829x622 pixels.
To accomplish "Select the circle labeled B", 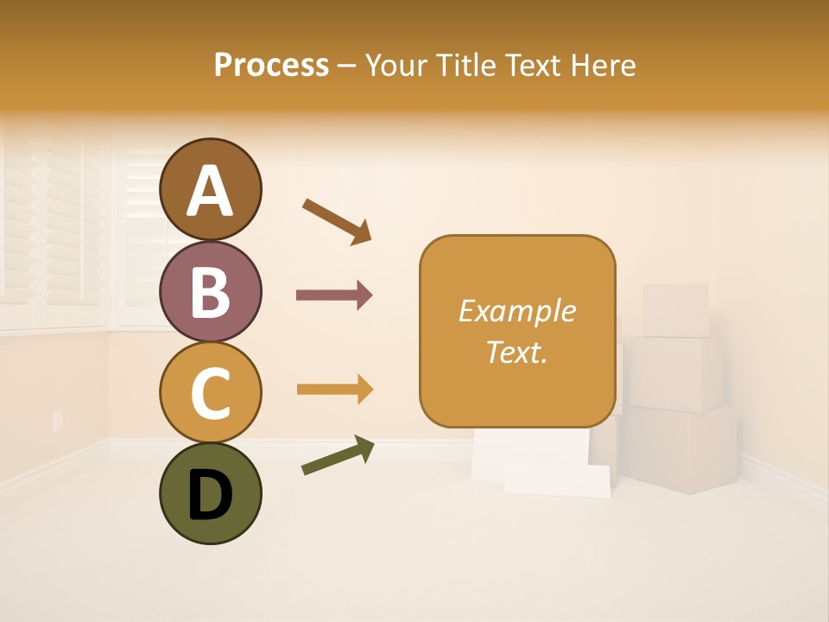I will click(210, 291).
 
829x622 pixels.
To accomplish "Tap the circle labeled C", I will click(210, 392).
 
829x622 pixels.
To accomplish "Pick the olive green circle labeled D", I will click(210, 493).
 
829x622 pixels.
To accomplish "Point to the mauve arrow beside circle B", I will click(334, 295).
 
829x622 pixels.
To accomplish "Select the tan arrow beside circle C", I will click(334, 390).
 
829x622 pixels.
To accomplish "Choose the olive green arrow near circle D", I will click(338, 455).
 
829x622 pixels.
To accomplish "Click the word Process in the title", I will click(271, 66).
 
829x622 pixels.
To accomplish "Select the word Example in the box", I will click(516, 311).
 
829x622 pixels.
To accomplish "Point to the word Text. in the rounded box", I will click(516, 352).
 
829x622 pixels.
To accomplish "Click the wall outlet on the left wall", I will click(59, 421).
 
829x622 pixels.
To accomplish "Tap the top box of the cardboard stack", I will click(675, 310).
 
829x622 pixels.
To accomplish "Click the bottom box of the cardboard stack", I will click(682, 449).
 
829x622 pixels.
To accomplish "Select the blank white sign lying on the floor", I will click(557, 479).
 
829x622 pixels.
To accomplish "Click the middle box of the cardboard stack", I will click(676, 373).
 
